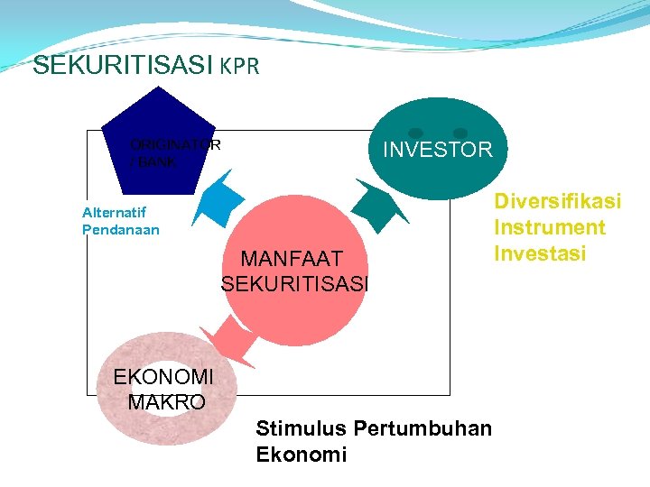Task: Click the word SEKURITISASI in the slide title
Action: tap(122, 66)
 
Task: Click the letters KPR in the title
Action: tap(239, 67)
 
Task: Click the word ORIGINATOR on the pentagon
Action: tap(175, 144)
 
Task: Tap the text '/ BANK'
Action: tap(153, 163)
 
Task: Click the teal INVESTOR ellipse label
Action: tap(438, 150)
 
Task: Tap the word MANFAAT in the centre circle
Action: tap(292, 261)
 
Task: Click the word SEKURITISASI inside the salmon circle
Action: tap(294, 284)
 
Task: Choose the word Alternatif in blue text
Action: tap(114, 213)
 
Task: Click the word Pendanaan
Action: tap(120, 230)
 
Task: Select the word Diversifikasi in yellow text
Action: tap(557, 201)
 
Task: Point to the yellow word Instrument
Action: tap(549, 227)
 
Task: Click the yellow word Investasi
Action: tap(540, 253)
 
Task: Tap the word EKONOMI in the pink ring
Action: tap(163, 377)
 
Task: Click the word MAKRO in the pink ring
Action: tap(166, 402)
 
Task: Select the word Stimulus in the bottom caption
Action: tap(302, 428)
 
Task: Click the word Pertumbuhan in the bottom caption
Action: tap(422, 428)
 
